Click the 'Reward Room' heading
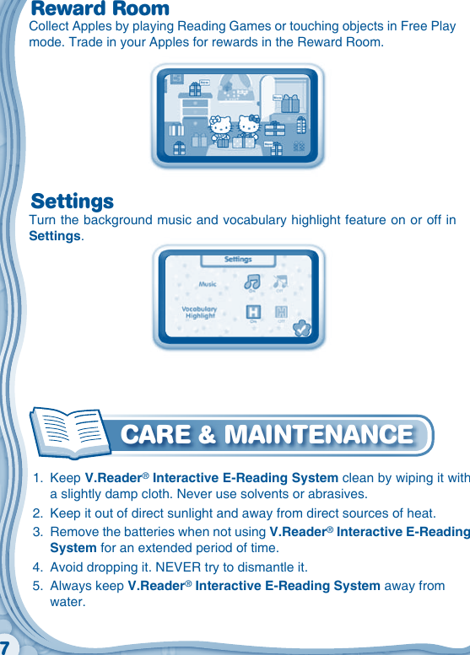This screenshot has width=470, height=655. pos(100,9)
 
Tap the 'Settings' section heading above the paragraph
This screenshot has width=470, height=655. pos(73,202)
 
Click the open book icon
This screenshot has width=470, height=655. pos(69,433)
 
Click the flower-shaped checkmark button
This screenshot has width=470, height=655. pos(301,330)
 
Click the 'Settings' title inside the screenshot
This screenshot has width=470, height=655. pos(239,260)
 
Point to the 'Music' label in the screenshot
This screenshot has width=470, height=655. pos(208,285)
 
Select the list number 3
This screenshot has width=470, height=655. pos(36,533)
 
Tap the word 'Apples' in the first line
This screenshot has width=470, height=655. pos(89,26)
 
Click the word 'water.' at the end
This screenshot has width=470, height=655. pos(68,602)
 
